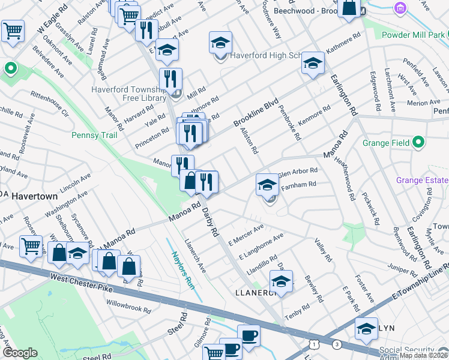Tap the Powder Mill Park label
414,35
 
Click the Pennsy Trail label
94,135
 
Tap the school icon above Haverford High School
221,43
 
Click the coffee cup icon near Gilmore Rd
248,335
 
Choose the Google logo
20,353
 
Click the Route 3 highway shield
337,344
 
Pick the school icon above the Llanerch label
280,280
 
